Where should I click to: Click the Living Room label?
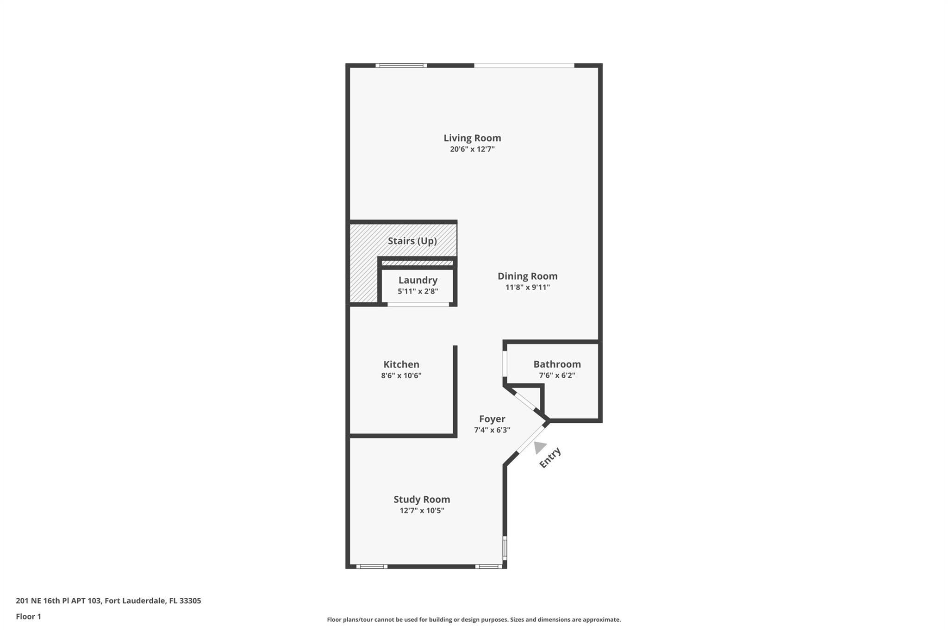472,138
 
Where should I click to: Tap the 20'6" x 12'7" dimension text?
472,149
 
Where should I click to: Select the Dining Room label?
527,276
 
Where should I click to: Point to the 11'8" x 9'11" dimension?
527,287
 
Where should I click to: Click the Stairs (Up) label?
412,241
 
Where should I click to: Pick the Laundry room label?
418,280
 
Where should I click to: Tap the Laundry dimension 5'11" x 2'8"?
418,291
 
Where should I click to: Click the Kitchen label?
401,364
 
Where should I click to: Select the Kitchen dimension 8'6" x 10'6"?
401,375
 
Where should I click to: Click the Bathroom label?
557,364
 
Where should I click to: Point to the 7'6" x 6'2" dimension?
557,375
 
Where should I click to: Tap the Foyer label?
492,419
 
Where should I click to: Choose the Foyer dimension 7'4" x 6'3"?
492,430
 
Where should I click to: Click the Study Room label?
422,500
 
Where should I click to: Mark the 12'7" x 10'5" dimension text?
422,511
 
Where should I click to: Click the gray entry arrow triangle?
539,447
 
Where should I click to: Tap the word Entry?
550,457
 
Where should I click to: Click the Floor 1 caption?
28,617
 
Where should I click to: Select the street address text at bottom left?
108,601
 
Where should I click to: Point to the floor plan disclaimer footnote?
474,619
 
